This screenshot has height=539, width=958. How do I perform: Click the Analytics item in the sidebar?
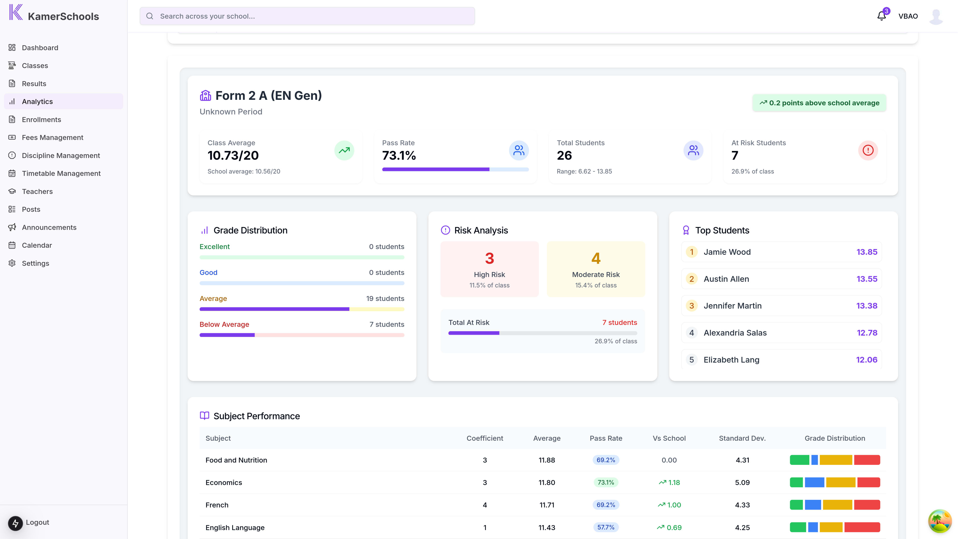click(37, 102)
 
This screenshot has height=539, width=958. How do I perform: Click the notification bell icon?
click(881, 16)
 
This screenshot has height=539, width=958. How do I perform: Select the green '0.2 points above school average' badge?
click(819, 103)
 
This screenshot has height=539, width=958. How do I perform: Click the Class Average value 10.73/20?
click(233, 155)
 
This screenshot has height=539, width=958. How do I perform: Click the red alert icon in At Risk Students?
click(868, 150)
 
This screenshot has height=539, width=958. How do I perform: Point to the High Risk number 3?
click(489, 259)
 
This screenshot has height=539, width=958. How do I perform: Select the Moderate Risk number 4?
click(596, 259)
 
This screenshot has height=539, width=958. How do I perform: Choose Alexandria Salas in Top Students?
click(735, 333)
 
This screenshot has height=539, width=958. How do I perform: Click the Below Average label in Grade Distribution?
click(224, 324)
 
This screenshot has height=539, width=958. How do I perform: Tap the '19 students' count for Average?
click(385, 299)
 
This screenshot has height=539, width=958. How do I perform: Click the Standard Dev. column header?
click(742, 438)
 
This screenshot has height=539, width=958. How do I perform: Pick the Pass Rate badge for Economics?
click(605, 482)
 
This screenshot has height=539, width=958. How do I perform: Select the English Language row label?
click(235, 528)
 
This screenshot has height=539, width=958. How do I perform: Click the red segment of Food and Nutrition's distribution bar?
click(867, 460)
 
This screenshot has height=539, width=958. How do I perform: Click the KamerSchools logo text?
click(63, 17)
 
